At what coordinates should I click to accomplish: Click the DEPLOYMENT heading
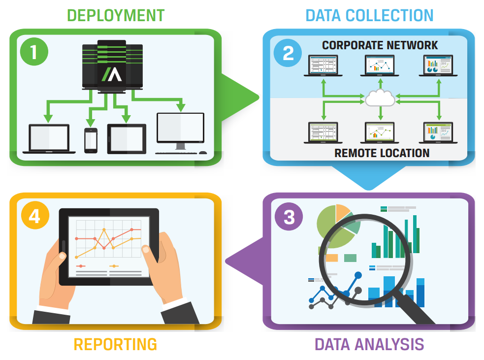pos(115,15)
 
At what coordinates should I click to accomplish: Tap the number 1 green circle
pos(33,52)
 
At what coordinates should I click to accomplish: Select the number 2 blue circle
pos(288,53)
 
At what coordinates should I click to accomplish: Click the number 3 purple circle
pos(289,217)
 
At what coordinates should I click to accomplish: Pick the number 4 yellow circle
pos(34,216)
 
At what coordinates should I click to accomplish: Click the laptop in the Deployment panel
pos(49,139)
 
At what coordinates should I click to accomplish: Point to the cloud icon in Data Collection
pos(380,98)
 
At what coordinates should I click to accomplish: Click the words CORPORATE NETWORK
pos(380,45)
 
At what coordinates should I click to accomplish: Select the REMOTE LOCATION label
pos(382,153)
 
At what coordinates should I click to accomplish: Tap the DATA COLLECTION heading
pos(369,15)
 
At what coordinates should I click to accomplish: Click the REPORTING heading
pos(115,344)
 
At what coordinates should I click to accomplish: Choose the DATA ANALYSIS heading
pos(369,344)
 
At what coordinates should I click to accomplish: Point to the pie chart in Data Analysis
pos(335,227)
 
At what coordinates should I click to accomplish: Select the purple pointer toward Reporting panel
pos(244,261)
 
